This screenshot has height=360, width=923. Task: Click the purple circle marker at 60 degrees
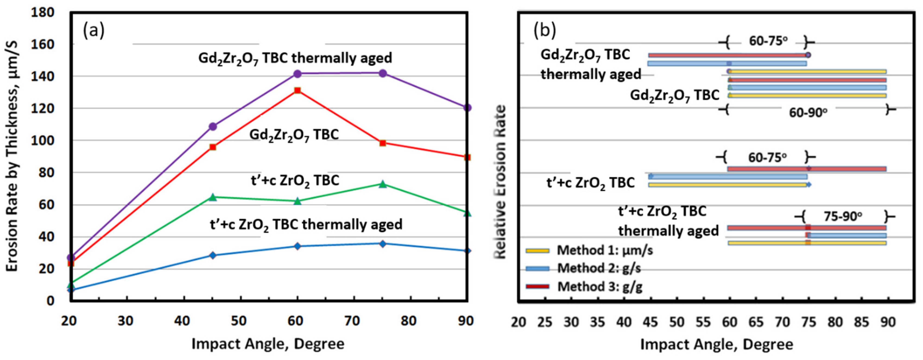(x=297, y=74)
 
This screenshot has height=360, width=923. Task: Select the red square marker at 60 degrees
(x=297, y=90)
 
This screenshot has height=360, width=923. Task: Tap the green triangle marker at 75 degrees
(x=383, y=184)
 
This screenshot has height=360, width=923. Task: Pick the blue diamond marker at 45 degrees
(x=213, y=255)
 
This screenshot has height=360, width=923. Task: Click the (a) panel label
(x=94, y=31)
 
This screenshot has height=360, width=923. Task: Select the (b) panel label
(x=545, y=31)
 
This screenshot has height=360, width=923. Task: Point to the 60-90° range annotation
(x=808, y=113)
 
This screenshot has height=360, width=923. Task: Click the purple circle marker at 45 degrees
(x=213, y=126)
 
